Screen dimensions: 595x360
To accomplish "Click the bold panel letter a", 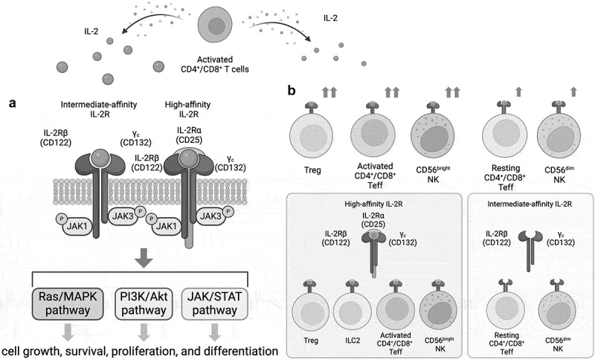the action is click(13, 103).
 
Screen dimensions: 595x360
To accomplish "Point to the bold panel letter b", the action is click(292, 91).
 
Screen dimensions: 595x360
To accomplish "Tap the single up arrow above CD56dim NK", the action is click(573, 91).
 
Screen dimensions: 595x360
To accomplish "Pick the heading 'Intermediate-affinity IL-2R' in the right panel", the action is click(530, 204).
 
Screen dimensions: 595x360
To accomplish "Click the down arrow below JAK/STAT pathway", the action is click(215, 332).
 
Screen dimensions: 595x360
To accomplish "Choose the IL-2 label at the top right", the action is click(330, 17).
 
